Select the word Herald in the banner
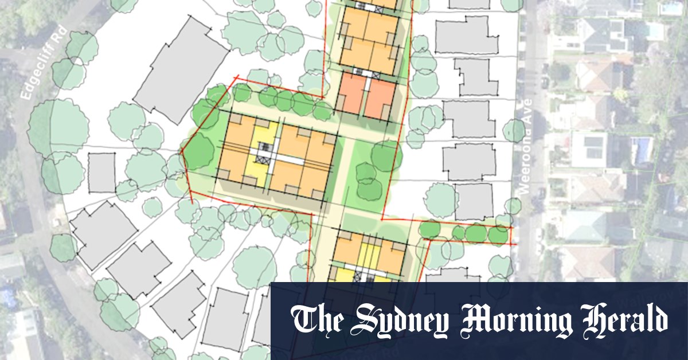click(x=619, y=320)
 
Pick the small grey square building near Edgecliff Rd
click(x=101, y=173)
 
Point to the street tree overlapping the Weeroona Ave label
click(x=514, y=131)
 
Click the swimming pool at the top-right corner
click(x=670, y=9)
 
